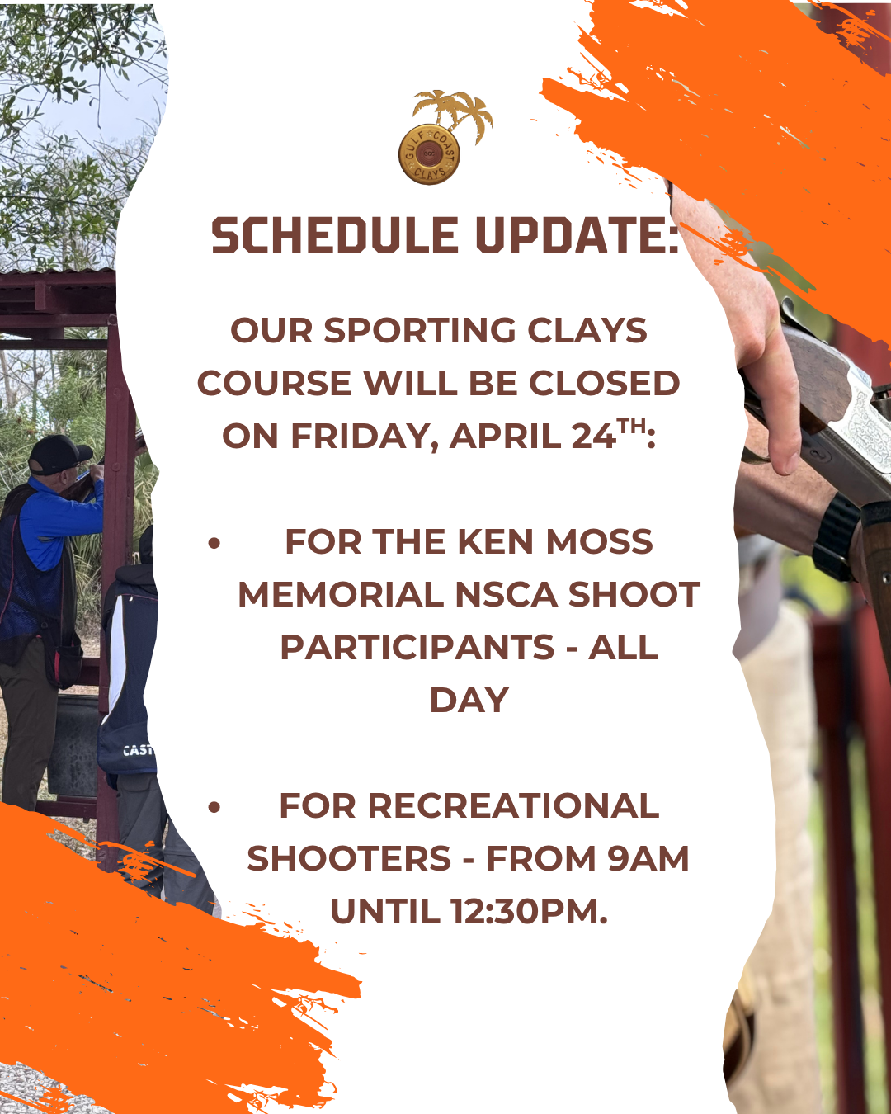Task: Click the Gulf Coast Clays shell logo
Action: click(x=429, y=154)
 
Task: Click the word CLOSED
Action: click(x=604, y=383)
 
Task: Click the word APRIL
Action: click(x=506, y=437)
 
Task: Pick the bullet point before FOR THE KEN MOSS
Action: click(x=214, y=544)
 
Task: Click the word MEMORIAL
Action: click(x=341, y=595)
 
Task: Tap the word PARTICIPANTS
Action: click(x=417, y=648)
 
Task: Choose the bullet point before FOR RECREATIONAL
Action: click(x=214, y=808)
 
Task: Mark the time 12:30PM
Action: click(x=529, y=912)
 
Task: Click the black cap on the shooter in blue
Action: click(x=59, y=454)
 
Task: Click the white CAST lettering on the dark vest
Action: click(x=138, y=750)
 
